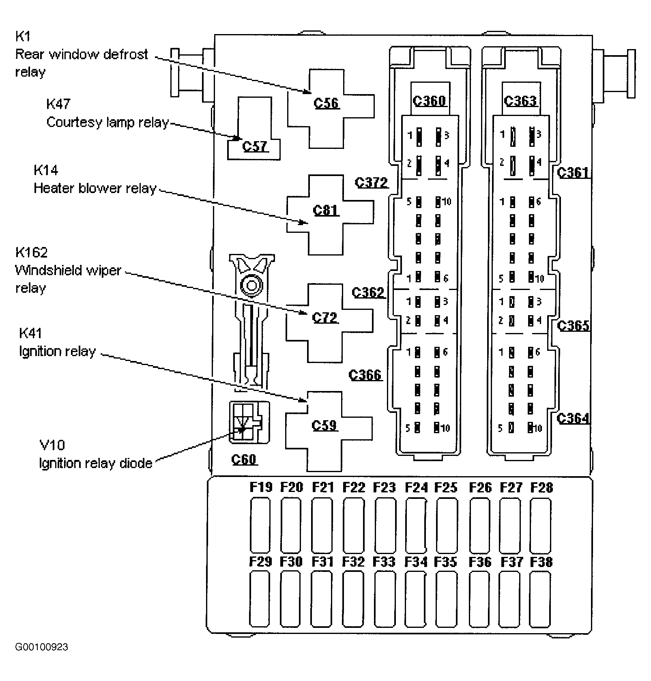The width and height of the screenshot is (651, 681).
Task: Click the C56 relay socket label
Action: (326, 103)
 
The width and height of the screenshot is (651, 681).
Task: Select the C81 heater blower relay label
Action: (326, 210)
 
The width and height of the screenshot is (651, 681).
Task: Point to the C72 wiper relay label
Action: (325, 317)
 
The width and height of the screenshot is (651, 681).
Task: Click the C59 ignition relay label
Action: (324, 425)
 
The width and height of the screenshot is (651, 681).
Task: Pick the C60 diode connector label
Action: (244, 459)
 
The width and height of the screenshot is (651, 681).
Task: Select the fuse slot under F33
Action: (385, 599)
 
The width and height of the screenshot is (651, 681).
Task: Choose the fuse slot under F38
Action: (541, 599)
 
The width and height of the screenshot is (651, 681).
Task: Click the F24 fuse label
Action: (416, 487)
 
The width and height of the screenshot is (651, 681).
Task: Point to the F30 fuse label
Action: (291, 561)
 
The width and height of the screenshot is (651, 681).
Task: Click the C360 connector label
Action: (430, 100)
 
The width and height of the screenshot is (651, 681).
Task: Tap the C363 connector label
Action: (521, 100)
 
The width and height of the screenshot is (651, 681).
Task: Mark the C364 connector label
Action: (573, 418)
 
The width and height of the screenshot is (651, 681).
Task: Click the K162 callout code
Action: (31, 252)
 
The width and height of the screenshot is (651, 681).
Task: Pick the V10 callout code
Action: (52, 445)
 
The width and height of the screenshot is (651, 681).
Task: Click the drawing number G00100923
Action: (42, 658)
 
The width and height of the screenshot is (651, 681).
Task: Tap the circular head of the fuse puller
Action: (251, 285)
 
